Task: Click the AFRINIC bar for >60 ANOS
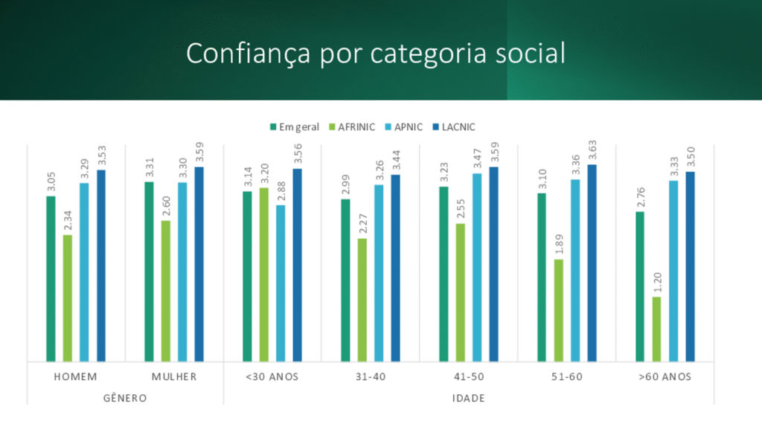656,329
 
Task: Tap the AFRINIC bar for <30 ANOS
264,275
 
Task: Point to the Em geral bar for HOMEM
51,279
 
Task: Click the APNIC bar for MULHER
182,272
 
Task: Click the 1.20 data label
657,283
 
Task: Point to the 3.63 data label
592,150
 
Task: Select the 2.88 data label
281,191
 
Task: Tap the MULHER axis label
174,376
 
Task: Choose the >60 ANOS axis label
665,376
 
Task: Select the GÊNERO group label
124,398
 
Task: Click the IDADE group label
468,398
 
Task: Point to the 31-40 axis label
370,376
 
